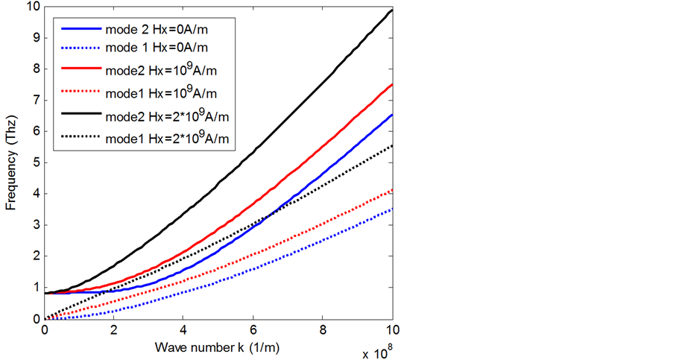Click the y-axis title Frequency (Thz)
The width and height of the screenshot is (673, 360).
pyautogui.click(x=12, y=163)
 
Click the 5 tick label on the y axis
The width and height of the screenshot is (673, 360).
pyautogui.click(x=34, y=162)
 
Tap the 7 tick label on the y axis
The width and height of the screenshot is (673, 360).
pyautogui.click(x=34, y=100)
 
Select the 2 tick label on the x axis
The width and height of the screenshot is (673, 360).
pyautogui.click(x=115, y=329)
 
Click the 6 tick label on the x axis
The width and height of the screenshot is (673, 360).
pyautogui.click(x=254, y=329)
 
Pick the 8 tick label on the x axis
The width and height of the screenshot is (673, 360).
pyautogui.click(x=323, y=329)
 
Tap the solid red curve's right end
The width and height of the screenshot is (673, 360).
pyautogui.click(x=393, y=84)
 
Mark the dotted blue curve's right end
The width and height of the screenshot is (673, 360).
pyautogui.click(x=393, y=209)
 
